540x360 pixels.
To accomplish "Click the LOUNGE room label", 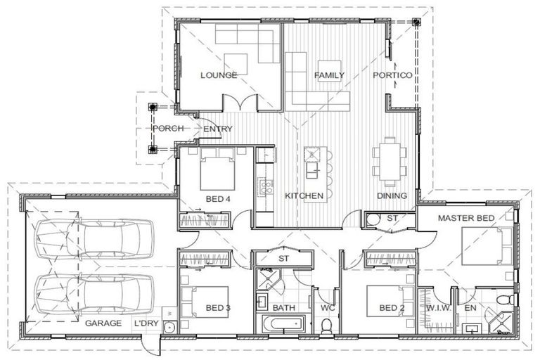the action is tap(219, 75).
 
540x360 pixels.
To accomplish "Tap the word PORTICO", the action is tap(392, 75).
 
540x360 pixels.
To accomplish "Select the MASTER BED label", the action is tap(466, 218).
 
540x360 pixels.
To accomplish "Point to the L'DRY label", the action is tap(146, 323).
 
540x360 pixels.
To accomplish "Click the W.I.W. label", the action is tap(439, 308).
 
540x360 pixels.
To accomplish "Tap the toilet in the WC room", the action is tap(326, 326).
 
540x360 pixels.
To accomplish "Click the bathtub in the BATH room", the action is tap(283, 324).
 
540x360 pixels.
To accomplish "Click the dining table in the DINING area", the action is tap(390, 162).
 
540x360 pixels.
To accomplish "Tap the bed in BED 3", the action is tap(205, 302).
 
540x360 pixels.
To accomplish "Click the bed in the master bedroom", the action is tap(487, 246).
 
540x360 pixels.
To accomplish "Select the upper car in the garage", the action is tap(94, 238).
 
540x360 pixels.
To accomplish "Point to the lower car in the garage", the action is tap(94, 294).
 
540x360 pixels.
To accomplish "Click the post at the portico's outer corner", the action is tap(417, 22).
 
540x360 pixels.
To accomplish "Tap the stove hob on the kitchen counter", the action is tap(265, 188).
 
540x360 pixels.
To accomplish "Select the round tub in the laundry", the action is tap(169, 327).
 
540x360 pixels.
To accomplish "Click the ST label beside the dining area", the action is tap(392, 218).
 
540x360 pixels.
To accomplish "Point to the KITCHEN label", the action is tap(304, 195).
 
